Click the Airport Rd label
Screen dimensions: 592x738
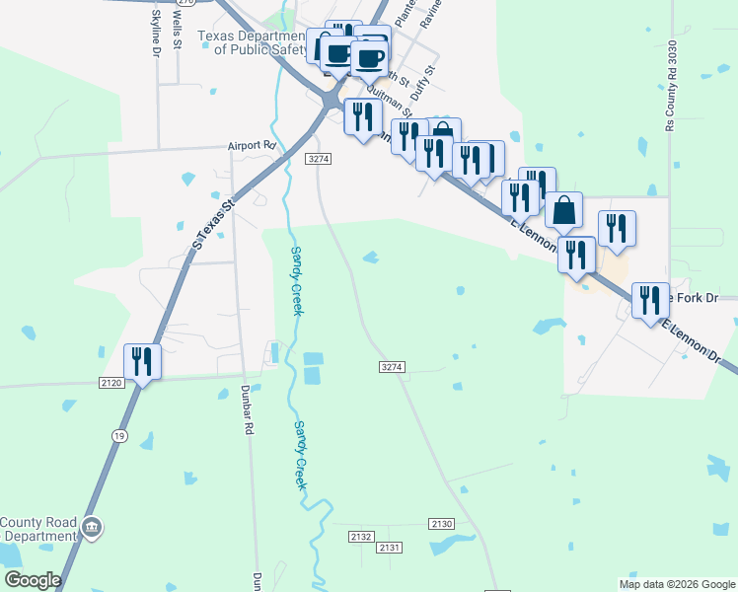point(251,145)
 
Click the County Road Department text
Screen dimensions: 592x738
point(37,530)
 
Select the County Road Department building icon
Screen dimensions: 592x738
point(92,529)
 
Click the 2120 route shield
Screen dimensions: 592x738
point(111,382)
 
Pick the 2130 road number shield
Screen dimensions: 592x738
point(441,523)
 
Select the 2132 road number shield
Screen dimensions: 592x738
point(361,536)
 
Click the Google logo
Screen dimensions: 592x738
point(33,580)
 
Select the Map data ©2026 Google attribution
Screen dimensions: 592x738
point(676,584)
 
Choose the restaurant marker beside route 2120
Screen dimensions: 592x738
point(142,363)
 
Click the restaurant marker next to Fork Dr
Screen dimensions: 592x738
point(649,298)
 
